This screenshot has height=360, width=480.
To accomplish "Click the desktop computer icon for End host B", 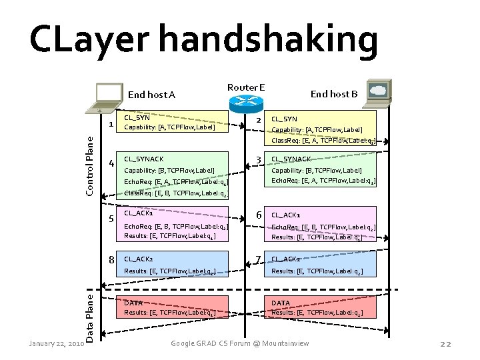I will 381,92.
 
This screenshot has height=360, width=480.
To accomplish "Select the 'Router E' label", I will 246,87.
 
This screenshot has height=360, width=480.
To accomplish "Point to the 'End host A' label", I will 151,95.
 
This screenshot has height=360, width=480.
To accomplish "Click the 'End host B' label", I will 335,94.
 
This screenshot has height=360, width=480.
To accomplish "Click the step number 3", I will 257,160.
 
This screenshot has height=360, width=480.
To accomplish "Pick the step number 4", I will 111,163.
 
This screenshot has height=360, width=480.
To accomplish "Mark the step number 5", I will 112,219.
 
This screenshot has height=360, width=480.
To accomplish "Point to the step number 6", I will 257,215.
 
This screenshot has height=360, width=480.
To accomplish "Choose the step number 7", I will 257,259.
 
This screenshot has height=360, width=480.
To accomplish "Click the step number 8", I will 112,259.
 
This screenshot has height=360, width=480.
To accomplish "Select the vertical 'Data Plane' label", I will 89,312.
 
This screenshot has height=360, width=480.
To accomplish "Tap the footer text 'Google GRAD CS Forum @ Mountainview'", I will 240,343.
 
